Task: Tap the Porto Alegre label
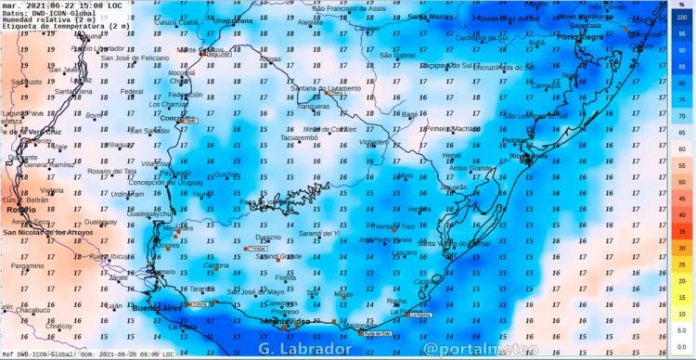(581, 36)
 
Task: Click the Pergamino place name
(28, 265)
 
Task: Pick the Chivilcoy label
(58, 326)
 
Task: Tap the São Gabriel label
(397, 55)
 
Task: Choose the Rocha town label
(396, 302)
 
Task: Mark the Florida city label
(286, 277)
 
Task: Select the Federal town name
(133, 92)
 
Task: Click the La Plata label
(183, 327)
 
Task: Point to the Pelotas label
(514, 140)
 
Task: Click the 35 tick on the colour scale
(682, 231)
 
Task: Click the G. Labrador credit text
(305, 350)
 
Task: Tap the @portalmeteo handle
(466, 350)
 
